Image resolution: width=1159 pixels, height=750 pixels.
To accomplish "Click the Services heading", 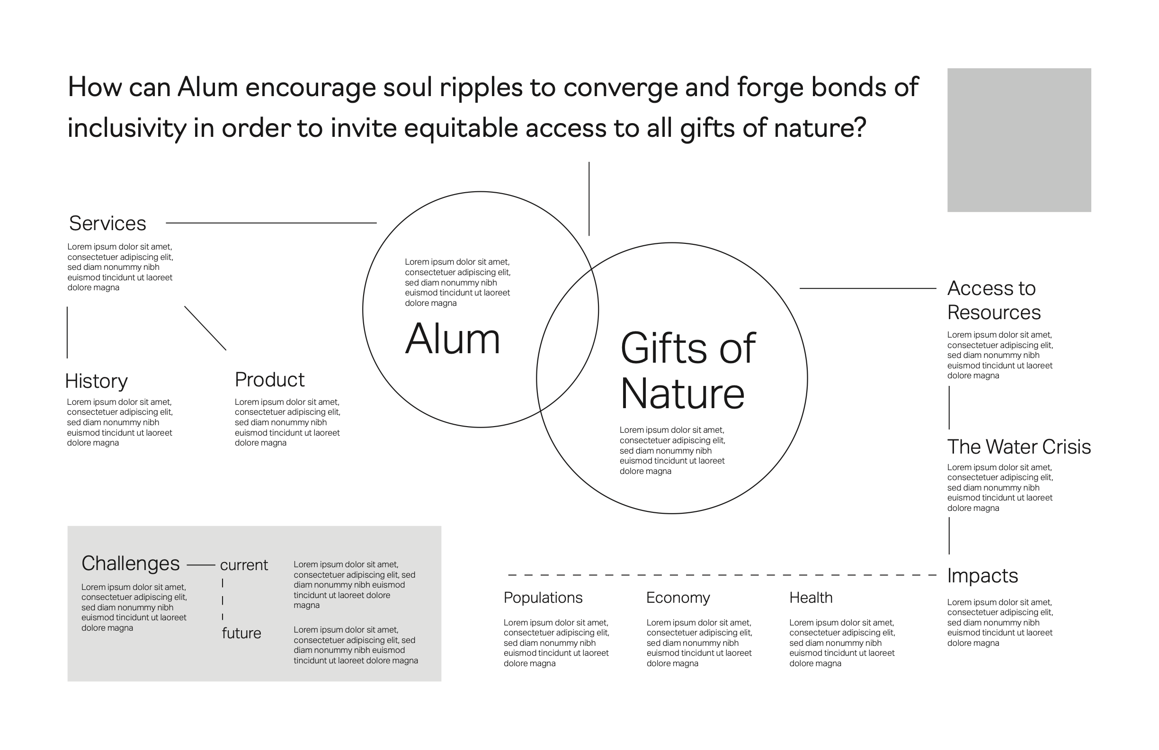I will tap(107, 223).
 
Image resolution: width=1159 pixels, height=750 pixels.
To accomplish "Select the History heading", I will tap(96, 381).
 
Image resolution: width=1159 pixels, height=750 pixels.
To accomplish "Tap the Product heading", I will tap(269, 380).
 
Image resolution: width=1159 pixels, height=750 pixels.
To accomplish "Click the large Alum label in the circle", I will tap(453, 339).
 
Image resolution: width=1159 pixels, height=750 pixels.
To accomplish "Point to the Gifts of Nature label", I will tap(687, 370).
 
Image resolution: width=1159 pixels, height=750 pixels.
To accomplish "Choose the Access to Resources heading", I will tap(993, 300).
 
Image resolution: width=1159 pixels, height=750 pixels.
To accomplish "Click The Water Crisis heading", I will tap(1019, 446).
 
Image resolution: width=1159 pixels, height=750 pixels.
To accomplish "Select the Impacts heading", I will tap(982, 576).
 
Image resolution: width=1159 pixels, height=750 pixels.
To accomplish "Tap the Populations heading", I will tap(543, 598).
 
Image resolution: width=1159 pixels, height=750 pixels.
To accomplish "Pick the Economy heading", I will tap(678, 598).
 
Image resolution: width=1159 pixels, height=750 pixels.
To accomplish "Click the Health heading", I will tap(811, 598).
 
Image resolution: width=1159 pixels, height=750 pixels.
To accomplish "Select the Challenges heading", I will tap(131, 563).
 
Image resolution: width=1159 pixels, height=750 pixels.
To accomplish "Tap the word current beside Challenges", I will tap(244, 565).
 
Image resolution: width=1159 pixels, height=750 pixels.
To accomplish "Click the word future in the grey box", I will tap(241, 633).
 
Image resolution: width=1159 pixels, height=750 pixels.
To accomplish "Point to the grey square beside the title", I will tap(1019, 140).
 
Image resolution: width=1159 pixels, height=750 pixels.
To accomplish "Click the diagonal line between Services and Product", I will tap(205, 328).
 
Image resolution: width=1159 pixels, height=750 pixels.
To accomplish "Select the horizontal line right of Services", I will tap(271, 223).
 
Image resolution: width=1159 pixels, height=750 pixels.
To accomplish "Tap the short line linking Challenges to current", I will tap(201, 565).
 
